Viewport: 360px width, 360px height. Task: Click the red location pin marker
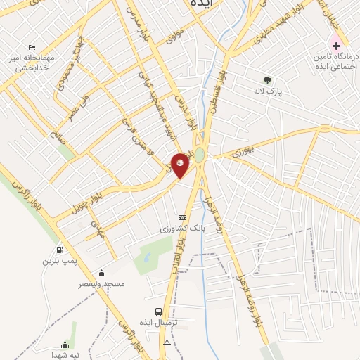pos(180,165)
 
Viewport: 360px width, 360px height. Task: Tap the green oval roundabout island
pos(200,154)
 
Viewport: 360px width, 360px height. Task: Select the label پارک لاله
pos(267,91)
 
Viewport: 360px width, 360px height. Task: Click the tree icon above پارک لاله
pos(267,80)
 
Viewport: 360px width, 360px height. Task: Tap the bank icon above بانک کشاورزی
pos(182,218)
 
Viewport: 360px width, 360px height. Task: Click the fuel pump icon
pos(59,250)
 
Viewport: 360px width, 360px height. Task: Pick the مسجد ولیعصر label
pos(103,284)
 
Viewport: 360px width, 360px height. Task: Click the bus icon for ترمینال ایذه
pos(159,311)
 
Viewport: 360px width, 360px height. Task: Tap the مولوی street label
pos(175,37)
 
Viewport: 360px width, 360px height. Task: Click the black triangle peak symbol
pos(167,342)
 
